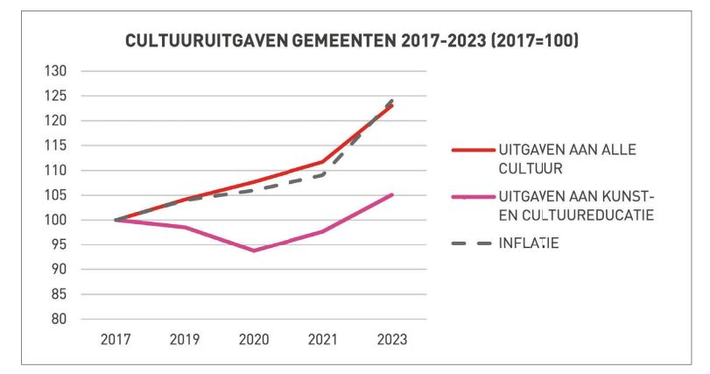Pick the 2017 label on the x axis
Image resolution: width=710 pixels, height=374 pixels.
coord(116,339)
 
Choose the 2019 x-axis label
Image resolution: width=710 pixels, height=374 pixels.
coord(184,339)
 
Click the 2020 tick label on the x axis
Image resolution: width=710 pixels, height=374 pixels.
coord(254,339)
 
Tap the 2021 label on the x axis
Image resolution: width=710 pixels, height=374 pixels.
coord(323,339)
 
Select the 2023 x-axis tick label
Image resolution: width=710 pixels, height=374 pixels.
coord(391,339)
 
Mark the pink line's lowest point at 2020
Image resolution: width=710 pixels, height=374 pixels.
coord(254,251)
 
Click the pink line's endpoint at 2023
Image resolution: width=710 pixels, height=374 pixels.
coord(391,194)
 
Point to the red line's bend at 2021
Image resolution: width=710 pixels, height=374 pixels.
coord(323,161)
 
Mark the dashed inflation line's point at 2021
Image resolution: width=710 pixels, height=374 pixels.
coord(323,174)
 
